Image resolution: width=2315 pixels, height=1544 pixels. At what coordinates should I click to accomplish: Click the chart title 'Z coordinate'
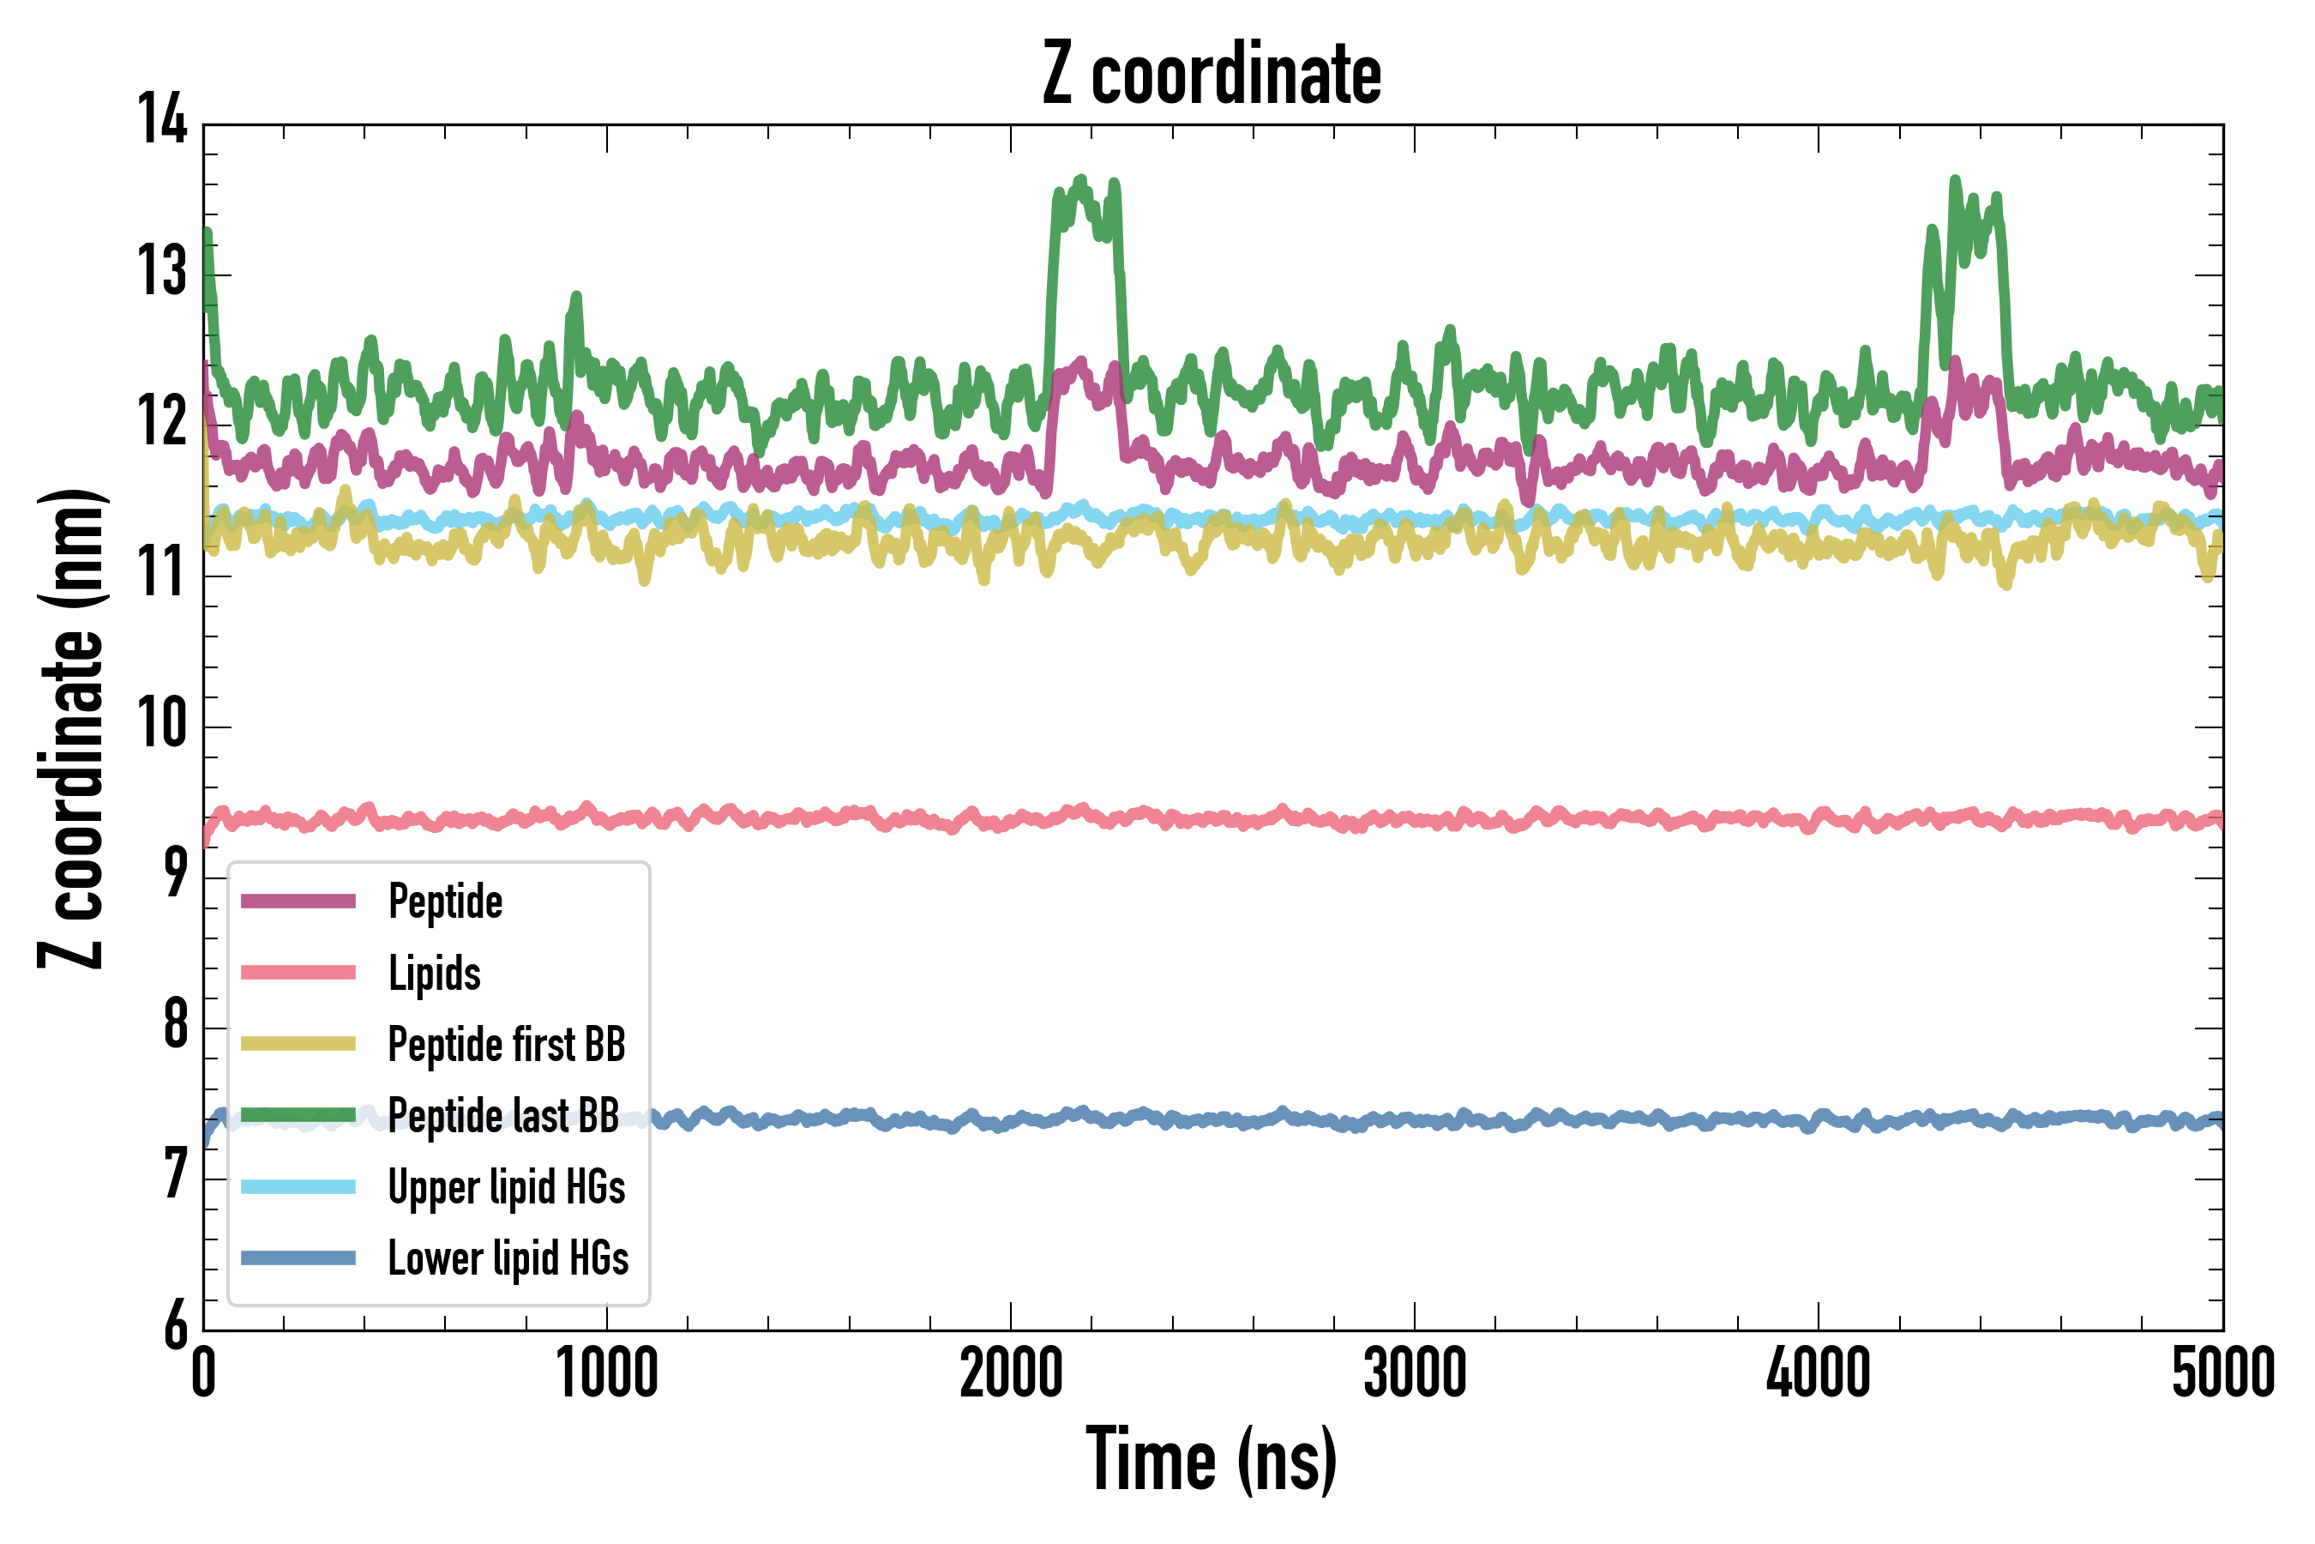pyautogui.click(x=1212, y=74)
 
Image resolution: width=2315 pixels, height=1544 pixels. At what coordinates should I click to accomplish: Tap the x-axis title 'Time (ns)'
pyautogui.click(x=1212, y=1460)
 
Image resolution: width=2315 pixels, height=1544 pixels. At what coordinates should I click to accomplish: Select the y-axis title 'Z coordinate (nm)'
pyautogui.click(x=71, y=727)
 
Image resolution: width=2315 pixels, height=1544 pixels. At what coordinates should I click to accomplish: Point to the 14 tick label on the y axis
pyautogui.click(x=162, y=120)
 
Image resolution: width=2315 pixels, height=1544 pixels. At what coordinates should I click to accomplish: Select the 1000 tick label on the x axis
pyautogui.click(x=606, y=1373)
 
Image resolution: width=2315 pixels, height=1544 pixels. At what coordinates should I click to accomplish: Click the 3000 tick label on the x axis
pyautogui.click(x=1415, y=1373)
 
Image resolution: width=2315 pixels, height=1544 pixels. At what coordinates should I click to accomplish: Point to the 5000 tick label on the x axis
pyautogui.click(x=2222, y=1373)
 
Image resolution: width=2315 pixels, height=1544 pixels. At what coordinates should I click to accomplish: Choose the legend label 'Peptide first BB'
pyautogui.click(x=507, y=1045)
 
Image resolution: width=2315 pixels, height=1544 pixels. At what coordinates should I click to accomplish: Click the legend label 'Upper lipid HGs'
pyautogui.click(x=507, y=1187)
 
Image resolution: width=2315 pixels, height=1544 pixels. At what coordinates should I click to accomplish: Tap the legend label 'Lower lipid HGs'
pyautogui.click(x=508, y=1258)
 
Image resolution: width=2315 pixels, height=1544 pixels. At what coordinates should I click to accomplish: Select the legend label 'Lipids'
pyautogui.click(x=434, y=974)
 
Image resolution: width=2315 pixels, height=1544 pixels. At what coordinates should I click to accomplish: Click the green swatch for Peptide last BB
pyautogui.click(x=298, y=1114)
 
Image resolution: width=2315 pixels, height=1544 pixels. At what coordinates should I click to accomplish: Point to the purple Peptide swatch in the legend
pyautogui.click(x=298, y=901)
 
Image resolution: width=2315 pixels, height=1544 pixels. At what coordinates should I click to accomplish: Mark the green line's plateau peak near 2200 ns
pyautogui.click(x=1082, y=181)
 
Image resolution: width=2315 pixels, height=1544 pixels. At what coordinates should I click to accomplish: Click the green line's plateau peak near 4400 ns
pyautogui.click(x=1955, y=181)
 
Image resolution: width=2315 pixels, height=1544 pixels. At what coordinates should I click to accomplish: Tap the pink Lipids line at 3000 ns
pyautogui.click(x=1415, y=819)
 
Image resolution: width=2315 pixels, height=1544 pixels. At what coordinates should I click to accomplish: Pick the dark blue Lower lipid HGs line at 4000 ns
pyautogui.click(x=1818, y=1120)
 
